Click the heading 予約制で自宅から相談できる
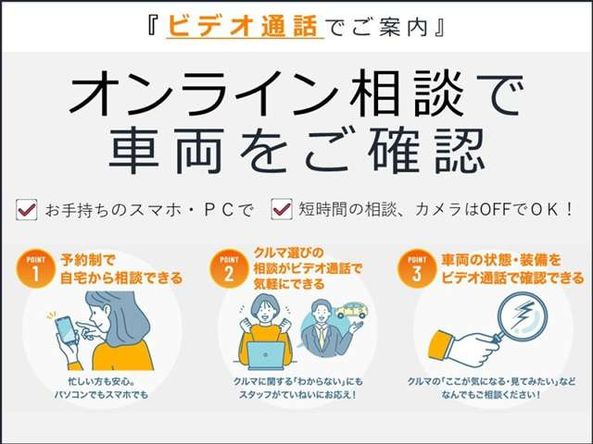point(120,267)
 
